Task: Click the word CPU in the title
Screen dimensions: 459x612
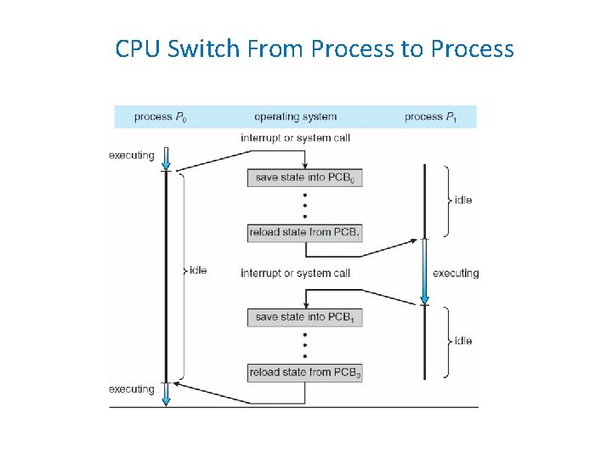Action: tap(138, 48)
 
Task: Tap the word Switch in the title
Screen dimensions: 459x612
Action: tap(204, 48)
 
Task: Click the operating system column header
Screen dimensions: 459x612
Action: tap(295, 116)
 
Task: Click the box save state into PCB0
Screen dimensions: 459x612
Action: tap(305, 177)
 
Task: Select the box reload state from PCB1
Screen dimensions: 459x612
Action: tap(305, 232)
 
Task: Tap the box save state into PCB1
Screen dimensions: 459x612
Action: tap(305, 317)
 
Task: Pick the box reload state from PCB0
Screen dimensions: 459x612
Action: tap(305, 372)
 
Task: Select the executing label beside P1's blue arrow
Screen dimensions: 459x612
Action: tap(456, 273)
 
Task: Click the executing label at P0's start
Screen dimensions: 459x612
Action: tap(132, 156)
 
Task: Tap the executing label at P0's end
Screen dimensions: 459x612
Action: tap(132, 389)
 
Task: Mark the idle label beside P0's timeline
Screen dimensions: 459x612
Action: tap(198, 270)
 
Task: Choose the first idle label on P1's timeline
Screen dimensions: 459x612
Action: tap(463, 200)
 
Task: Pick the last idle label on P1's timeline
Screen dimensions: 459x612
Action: tap(463, 341)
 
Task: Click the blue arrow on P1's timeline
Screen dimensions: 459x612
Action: tap(425, 272)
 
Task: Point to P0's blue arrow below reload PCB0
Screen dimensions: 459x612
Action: tap(167, 394)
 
